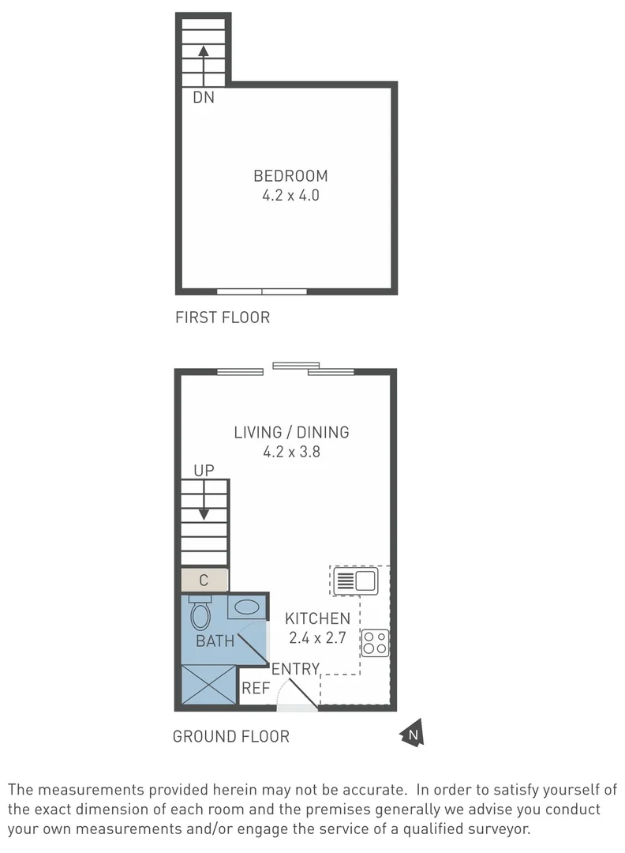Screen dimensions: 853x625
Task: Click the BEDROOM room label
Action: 290,176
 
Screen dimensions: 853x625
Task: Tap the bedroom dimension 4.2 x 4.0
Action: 290,195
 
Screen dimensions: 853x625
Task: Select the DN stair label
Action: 204,99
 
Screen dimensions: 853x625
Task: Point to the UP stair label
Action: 204,471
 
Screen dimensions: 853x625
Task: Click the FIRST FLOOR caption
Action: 223,318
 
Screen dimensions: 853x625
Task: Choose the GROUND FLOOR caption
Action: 231,737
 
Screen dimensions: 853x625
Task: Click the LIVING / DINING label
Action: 291,433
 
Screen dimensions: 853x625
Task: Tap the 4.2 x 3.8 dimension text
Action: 291,453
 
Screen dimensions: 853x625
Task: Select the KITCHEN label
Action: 317,618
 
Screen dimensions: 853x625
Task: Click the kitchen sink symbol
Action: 355,582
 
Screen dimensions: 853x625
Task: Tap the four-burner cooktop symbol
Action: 375,643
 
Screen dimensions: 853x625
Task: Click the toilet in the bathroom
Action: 201,612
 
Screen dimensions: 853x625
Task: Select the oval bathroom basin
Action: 248,607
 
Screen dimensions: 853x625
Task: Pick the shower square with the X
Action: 209,684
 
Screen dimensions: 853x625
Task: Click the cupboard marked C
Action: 204,581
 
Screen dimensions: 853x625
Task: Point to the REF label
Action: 256,689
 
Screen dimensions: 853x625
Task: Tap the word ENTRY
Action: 295,670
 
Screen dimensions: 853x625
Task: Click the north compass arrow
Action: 413,735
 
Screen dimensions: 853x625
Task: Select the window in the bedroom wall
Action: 262,291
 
